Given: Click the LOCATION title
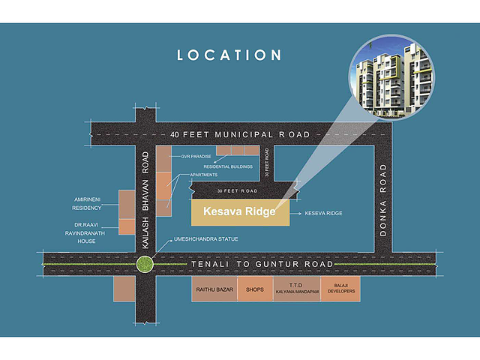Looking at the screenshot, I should (229, 55).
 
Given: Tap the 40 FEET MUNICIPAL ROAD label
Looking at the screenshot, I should (240, 134).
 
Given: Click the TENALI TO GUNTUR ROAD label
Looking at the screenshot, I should (262, 264).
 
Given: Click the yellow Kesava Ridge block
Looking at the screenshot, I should (239, 211).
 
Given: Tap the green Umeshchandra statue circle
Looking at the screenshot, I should (145, 264).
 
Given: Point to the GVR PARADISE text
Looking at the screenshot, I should (196, 157).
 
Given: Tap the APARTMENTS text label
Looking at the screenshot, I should (203, 175).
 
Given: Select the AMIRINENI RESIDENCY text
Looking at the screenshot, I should (87, 203).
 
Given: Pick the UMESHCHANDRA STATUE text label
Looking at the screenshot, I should (206, 238).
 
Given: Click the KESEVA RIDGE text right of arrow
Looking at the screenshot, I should (323, 213).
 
